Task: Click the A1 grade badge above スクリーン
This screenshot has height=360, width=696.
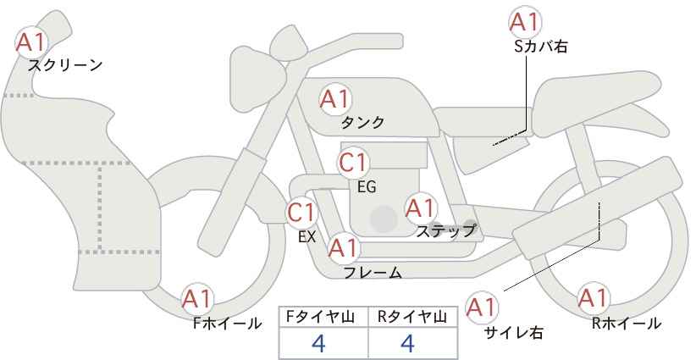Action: coord(30,42)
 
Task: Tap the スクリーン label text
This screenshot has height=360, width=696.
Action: coord(65,66)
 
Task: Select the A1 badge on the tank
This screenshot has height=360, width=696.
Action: coord(335,100)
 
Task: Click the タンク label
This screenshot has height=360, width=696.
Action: coord(362,122)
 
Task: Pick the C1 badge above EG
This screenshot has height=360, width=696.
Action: coord(353,163)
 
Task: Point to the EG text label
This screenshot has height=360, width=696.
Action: coord(367,187)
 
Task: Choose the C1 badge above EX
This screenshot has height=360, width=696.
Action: coord(301,213)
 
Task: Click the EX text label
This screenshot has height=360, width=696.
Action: coord(307,237)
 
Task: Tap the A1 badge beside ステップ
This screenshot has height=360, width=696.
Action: coord(420,208)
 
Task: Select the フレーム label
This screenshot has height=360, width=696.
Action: coord(373,272)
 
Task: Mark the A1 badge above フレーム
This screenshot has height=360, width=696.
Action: coord(343,248)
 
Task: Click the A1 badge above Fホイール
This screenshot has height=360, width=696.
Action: coord(197,299)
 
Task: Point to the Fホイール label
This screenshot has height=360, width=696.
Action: coord(227,324)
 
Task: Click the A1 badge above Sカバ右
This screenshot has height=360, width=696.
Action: coord(525,22)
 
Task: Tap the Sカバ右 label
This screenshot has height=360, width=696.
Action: coord(541,47)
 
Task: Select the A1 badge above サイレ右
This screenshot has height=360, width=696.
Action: coord(482,307)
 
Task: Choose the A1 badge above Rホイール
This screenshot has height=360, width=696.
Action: coord(593,298)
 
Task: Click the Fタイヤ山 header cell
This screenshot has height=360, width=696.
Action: coord(323,317)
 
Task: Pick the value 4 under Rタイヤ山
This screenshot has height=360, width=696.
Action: coord(407,343)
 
